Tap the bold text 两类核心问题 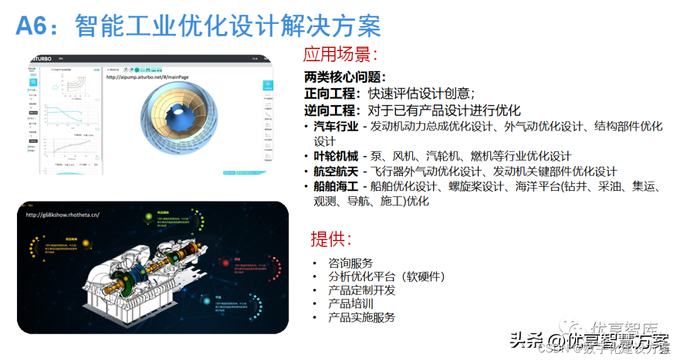[x=344, y=77]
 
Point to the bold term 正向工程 [x=329, y=94]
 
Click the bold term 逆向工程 [x=329, y=110]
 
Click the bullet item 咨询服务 [x=351, y=263]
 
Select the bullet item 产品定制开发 [x=361, y=290]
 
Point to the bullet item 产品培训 [x=351, y=303]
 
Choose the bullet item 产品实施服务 [x=361, y=317]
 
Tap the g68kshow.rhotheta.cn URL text [x=62, y=215]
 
